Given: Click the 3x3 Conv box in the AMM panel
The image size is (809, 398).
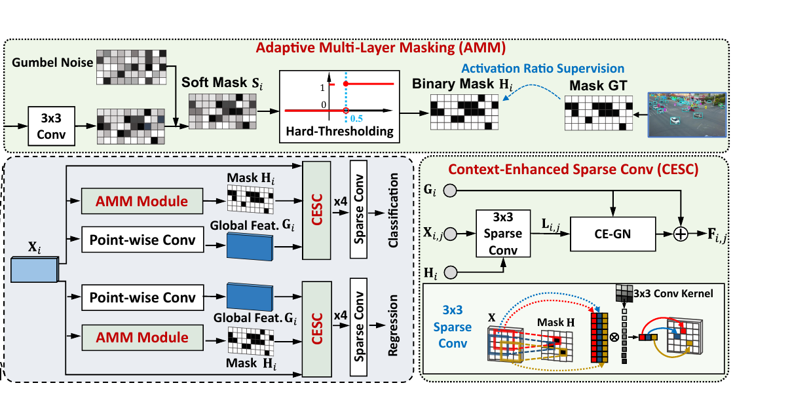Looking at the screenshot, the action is pos(52,126).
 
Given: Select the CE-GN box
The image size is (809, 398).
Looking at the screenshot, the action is pos(613,234).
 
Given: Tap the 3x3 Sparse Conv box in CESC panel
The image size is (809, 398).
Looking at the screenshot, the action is pos(503,234).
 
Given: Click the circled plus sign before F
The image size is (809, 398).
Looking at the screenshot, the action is pos(681,234).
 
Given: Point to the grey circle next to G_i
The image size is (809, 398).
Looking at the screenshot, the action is pos(450,190).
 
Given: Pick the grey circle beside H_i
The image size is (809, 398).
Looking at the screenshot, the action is pos(451,272).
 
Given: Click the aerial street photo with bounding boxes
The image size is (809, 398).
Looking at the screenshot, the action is pos(687,115).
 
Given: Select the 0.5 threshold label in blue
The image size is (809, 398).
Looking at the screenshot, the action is pos(356,118).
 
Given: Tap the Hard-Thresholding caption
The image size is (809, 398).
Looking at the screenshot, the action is pos(339,132).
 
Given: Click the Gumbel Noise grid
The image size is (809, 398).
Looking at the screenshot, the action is pos(132,67).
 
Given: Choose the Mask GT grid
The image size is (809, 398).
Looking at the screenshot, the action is pos(599,113).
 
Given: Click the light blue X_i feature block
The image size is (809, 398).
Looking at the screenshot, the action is pos(35,269).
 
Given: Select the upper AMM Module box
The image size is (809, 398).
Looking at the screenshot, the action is pos(142,201).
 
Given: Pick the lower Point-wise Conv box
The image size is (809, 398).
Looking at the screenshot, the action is pos(143,297).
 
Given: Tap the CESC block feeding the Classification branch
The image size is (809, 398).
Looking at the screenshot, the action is pos(316,210).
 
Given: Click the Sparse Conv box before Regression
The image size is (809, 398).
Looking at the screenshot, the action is pos(358,327).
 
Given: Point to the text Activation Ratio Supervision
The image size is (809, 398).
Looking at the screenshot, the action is pos(543,69).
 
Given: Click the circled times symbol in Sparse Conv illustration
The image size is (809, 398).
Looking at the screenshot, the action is pos(614,337).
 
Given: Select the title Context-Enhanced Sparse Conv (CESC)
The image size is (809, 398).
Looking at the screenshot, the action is pos(574,170).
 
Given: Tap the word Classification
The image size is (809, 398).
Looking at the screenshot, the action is pos(393,210).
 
